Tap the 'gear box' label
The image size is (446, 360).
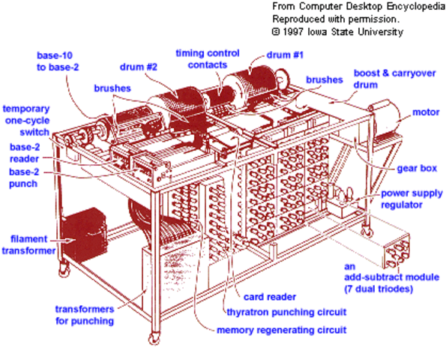point(419,167)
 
